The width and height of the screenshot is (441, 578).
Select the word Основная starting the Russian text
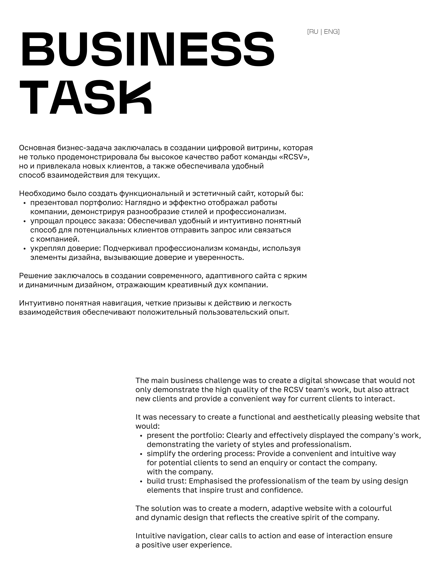pos(37,148)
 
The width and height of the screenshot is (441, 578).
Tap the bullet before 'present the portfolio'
pos(141,436)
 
